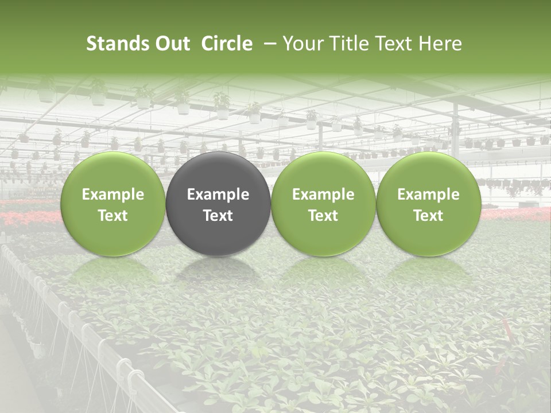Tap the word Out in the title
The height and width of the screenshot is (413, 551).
172,44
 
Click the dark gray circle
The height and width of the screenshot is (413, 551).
218,204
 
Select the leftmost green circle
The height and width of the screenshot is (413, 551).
113,204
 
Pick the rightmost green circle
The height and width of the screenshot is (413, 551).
429,204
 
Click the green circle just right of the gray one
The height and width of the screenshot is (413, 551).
323,204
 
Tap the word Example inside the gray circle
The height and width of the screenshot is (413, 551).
218,194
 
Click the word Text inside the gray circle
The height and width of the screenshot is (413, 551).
218,216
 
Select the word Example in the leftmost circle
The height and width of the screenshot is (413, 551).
113,194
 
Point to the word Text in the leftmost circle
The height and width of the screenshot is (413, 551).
113,216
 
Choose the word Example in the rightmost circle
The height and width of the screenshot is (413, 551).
429,194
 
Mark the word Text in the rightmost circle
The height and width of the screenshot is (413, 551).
429,216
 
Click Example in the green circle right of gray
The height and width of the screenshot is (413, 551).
323,194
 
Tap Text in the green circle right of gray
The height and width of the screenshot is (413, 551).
323,216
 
